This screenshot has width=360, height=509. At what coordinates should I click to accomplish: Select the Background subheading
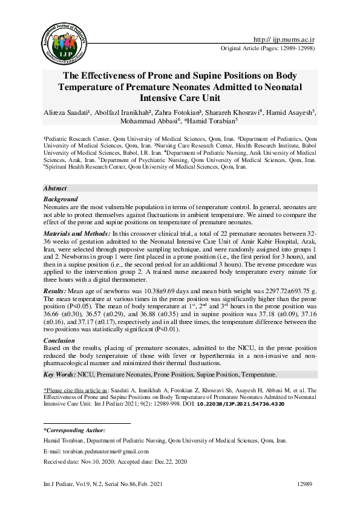pyautogui.click(x=61, y=199)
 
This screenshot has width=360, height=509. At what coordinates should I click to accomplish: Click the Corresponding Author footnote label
pyautogui.click(x=74, y=430)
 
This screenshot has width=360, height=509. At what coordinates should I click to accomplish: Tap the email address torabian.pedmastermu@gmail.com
pyautogui.click(x=110, y=452)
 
